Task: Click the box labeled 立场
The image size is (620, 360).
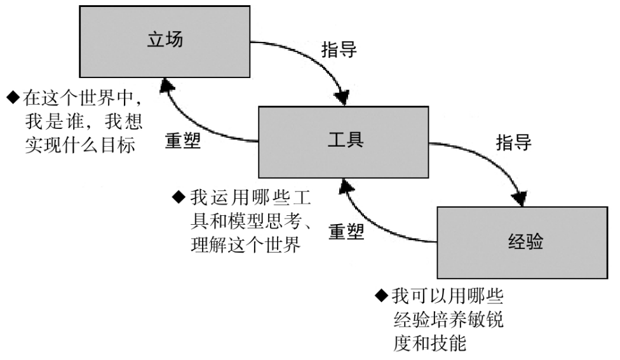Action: [x=164, y=42]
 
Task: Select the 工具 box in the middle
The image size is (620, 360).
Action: [x=342, y=142]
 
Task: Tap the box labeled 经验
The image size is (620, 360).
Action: [x=522, y=242]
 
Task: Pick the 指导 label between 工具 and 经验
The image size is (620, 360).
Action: [x=513, y=142]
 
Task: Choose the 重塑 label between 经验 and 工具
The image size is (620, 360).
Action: [x=347, y=231]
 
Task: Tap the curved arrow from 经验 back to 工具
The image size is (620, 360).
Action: [x=375, y=222]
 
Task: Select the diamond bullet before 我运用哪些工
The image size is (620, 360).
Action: [x=179, y=196]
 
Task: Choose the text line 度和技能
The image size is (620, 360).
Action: [x=430, y=344]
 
